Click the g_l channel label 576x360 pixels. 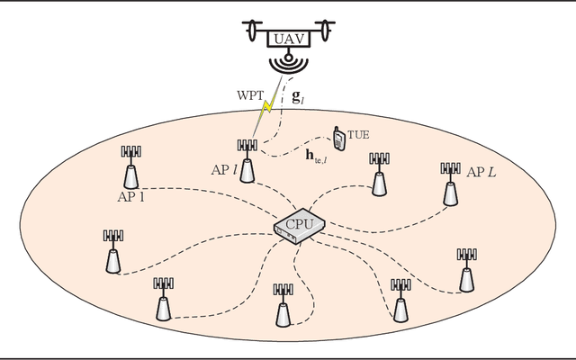299,94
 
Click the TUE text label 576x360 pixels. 358,133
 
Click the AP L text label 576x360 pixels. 480,171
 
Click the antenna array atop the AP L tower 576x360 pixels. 450,167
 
